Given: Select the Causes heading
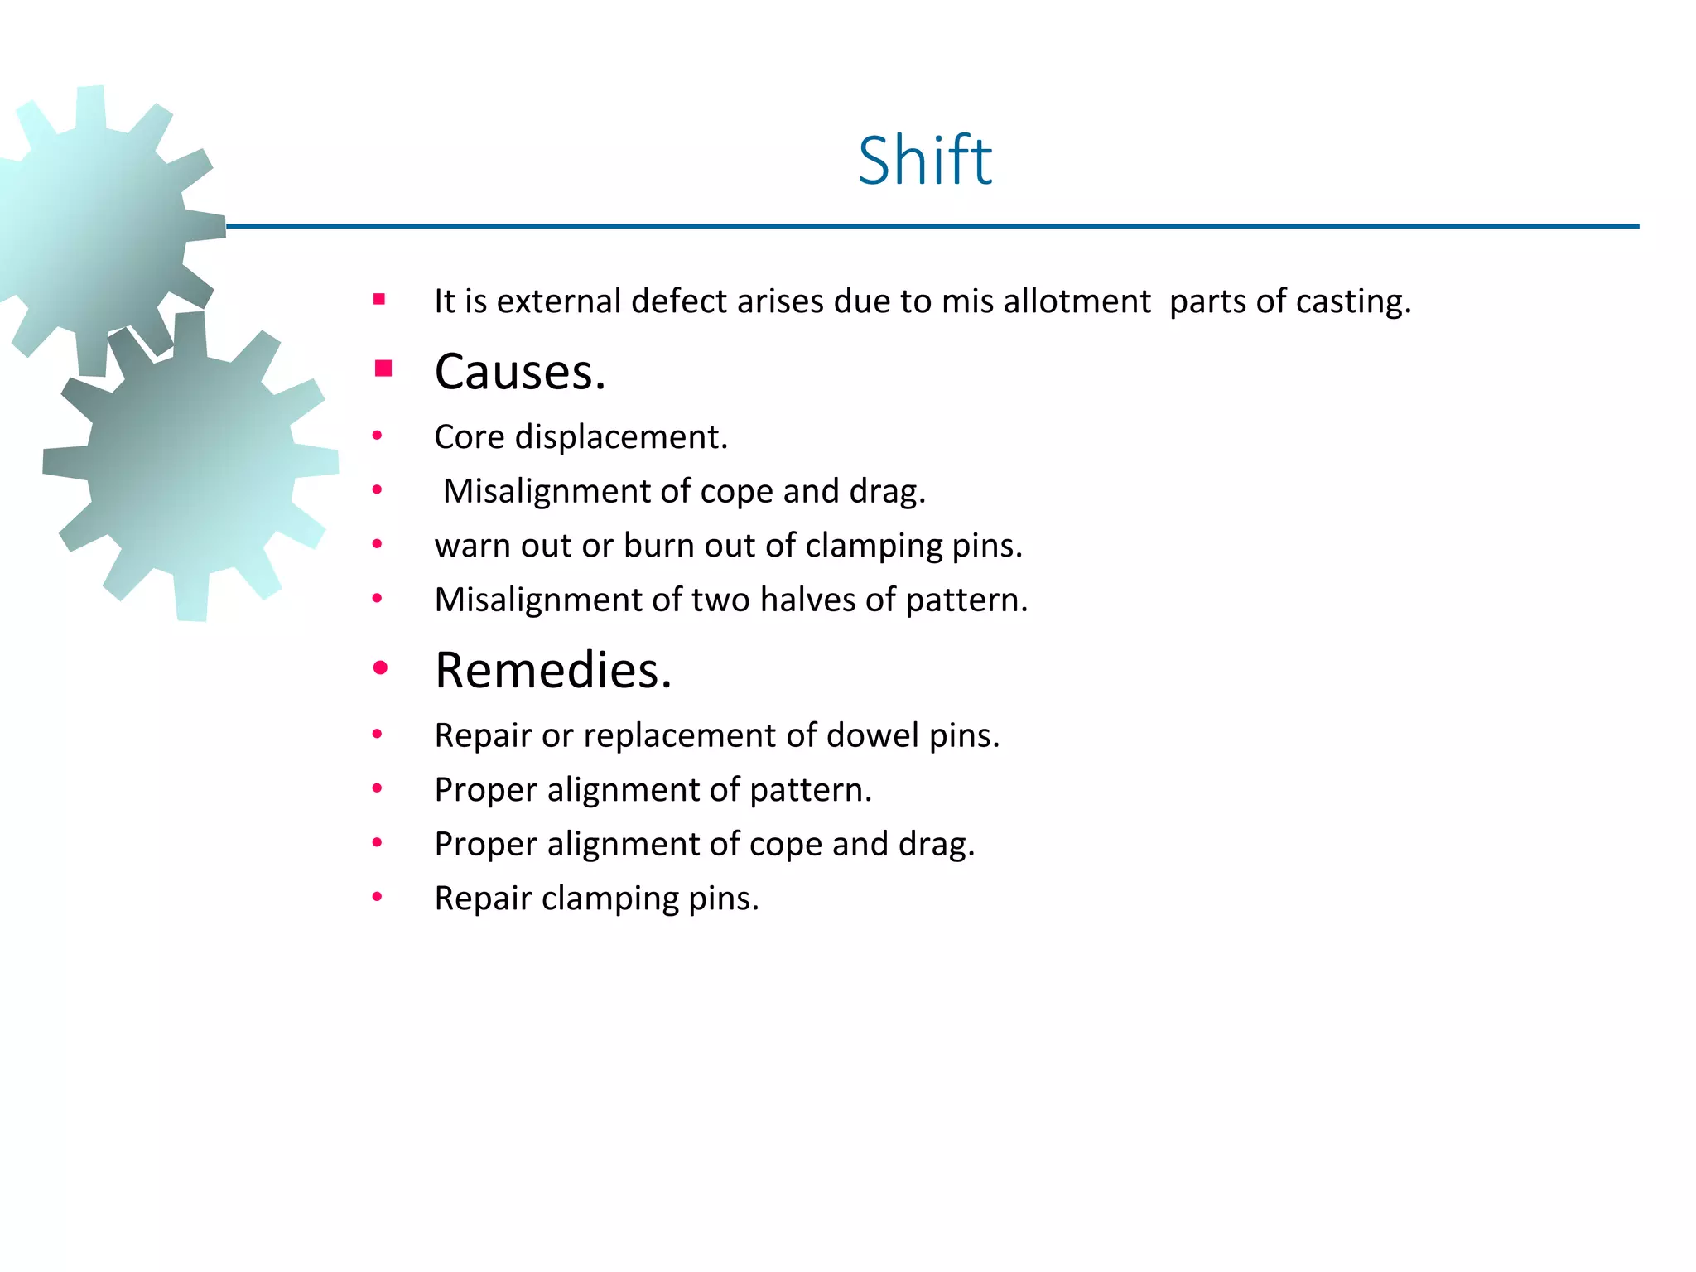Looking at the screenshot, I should (x=519, y=372).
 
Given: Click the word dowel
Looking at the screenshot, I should (x=873, y=735).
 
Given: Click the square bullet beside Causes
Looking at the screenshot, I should (x=383, y=369).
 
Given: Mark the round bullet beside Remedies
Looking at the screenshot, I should (x=380, y=667).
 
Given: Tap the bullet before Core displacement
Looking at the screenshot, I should (x=378, y=436).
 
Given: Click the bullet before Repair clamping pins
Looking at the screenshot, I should (x=378, y=897).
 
